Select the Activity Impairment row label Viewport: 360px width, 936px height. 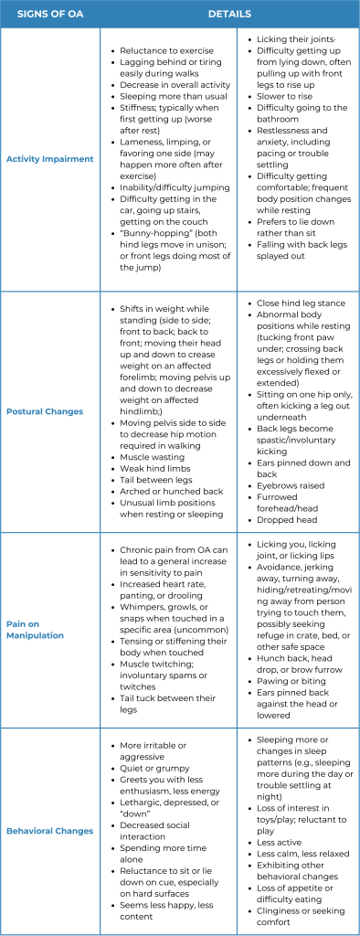[x=49, y=159]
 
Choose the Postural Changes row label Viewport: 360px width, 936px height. [x=49, y=411]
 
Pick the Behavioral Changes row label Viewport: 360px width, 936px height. [x=49, y=831]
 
